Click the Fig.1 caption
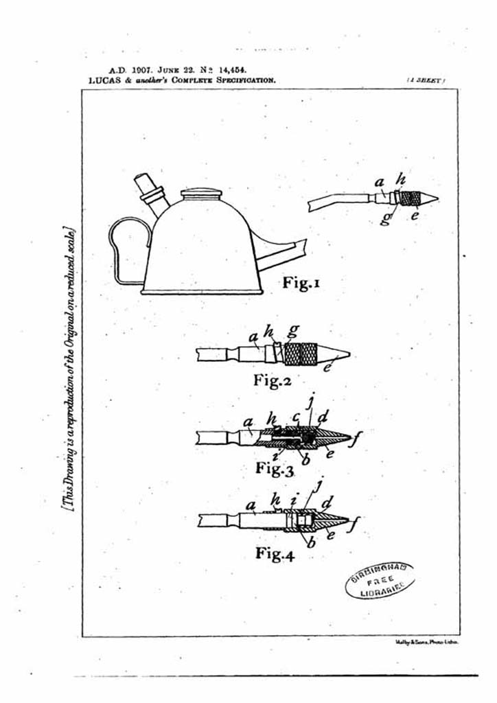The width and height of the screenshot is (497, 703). (x=301, y=282)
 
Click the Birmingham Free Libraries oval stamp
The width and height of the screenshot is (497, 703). (x=379, y=580)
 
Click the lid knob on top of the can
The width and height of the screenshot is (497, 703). (x=201, y=194)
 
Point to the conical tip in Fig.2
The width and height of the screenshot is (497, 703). (x=337, y=355)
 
